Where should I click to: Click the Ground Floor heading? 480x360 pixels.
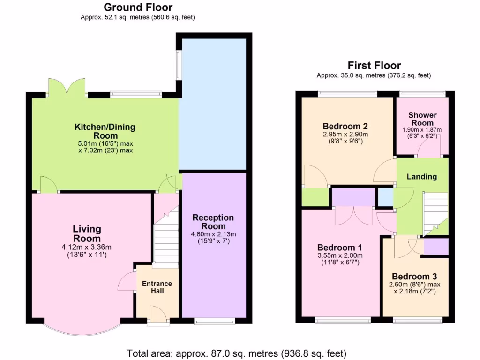pyautogui.click(x=137, y=7)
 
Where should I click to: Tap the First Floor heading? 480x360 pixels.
pyautogui.click(x=374, y=66)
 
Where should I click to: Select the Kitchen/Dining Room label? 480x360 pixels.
pyautogui.click(x=105, y=131)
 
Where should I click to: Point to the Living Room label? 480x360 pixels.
pyautogui.click(x=87, y=233)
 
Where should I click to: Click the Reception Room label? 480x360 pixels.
pyautogui.click(x=213, y=222)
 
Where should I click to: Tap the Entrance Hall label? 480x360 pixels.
pyautogui.click(x=157, y=287)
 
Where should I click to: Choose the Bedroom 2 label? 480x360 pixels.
pyautogui.click(x=345, y=126)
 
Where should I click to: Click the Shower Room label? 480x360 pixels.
pyautogui.click(x=422, y=119)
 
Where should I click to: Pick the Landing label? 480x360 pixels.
pyautogui.click(x=421, y=177)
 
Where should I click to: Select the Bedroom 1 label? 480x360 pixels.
pyautogui.click(x=339, y=247)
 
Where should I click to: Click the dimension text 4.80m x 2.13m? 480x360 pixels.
pyautogui.click(x=213, y=234)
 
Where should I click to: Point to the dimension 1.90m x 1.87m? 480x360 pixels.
pyautogui.click(x=422, y=130)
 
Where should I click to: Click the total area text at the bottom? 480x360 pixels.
pyautogui.click(x=237, y=353)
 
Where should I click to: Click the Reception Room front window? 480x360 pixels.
pyautogui.click(x=214, y=321)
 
